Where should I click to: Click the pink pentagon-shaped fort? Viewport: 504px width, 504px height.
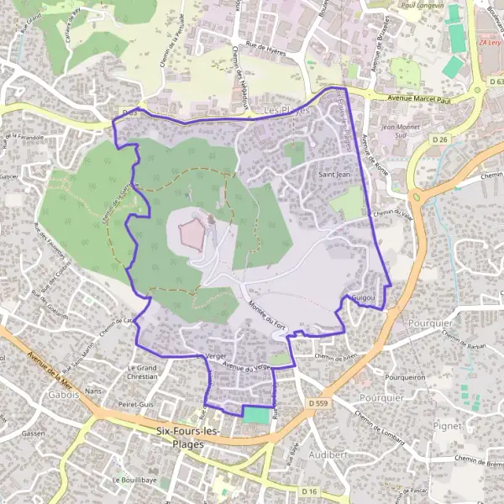192,234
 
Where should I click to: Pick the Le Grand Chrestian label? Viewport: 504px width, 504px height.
142,372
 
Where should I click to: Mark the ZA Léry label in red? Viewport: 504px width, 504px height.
488,41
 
